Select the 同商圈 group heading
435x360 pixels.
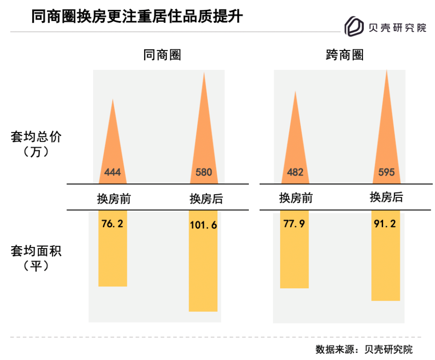tap(162, 55)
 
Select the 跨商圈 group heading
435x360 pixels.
tap(344, 55)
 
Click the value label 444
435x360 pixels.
tap(112, 172)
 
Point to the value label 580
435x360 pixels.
tap(203, 172)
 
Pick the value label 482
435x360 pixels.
tap(295, 172)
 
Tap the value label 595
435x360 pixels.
tap(386, 172)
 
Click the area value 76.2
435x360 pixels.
tap(112, 224)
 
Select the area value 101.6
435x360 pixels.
tap(203, 225)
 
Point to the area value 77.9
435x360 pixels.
tap(295, 224)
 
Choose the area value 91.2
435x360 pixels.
tap(386, 224)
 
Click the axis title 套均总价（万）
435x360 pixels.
tap(36, 144)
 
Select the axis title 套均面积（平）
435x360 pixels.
tap(36, 258)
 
